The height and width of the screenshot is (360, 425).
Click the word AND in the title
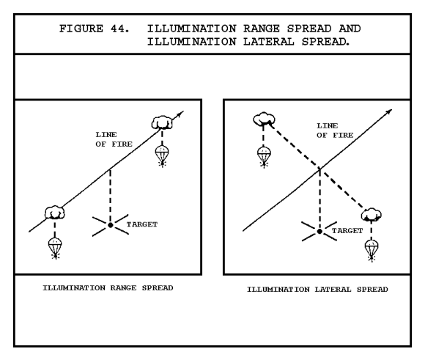[x=350, y=29]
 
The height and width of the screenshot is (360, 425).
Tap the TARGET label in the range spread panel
[x=142, y=224]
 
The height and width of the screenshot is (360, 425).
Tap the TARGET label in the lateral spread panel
[x=347, y=231]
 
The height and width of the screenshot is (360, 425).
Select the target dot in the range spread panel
[x=111, y=225]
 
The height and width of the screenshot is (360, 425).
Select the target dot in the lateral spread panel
[x=319, y=232]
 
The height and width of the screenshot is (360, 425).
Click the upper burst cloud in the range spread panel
[x=162, y=122]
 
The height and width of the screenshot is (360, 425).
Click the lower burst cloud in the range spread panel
[x=55, y=213]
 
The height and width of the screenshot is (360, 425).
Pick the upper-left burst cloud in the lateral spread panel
[x=264, y=119]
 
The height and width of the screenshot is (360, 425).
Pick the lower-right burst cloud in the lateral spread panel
[x=372, y=215]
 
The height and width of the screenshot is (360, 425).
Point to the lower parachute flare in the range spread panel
[x=55, y=248]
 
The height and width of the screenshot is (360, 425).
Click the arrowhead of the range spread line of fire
[x=180, y=114]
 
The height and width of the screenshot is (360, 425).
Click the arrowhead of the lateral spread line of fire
[x=388, y=111]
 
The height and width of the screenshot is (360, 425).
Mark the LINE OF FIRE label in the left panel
[x=114, y=139]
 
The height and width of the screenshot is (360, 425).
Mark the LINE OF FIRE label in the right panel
[x=335, y=131]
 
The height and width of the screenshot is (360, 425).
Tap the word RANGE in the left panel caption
[x=123, y=288]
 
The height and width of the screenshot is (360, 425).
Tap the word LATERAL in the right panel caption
[x=333, y=290]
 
